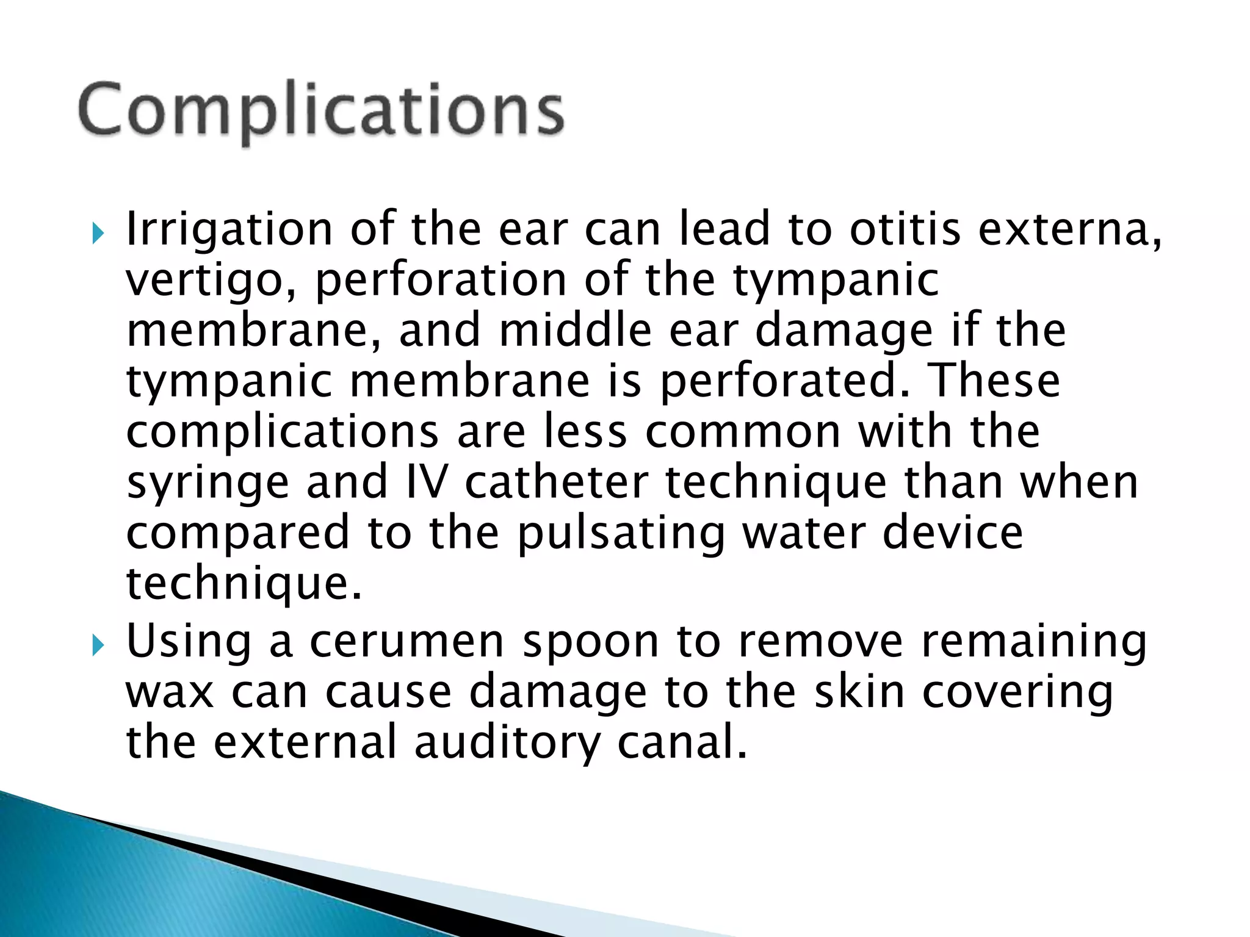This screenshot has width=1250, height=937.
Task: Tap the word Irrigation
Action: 229,229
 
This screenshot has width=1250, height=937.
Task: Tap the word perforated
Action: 784,382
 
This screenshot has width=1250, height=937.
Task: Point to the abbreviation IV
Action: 426,482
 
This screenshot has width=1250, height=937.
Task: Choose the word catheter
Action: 556,482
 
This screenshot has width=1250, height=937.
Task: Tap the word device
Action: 953,532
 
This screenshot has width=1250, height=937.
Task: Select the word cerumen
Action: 406,642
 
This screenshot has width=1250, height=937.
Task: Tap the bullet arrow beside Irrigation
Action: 98,232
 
